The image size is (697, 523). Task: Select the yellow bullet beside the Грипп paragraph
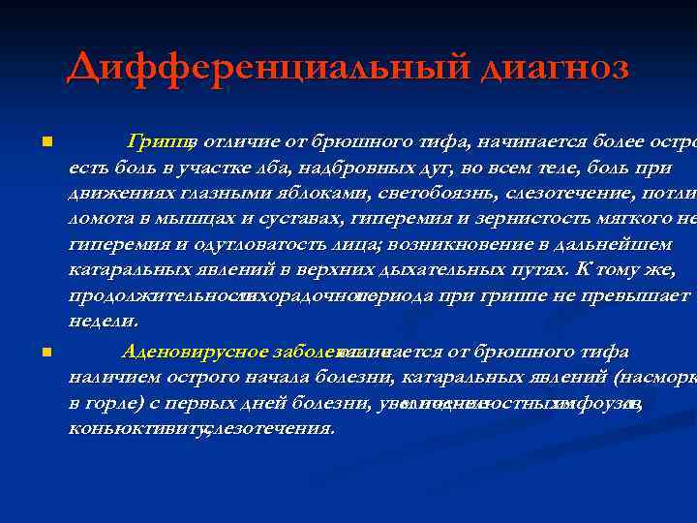point(45,142)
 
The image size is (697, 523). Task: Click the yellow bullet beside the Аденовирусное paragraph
point(45,351)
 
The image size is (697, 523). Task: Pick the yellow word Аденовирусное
point(181,351)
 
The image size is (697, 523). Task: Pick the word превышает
point(643,293)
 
